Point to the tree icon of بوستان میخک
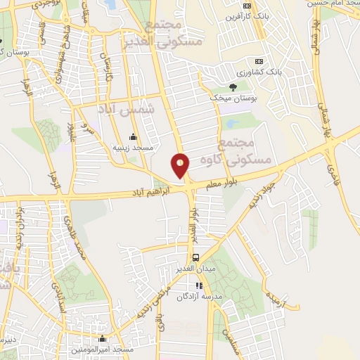tap(232, 86)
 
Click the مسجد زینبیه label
tap(129, 148)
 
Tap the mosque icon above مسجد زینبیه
tap(134, 136)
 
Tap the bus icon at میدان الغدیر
tap(196, 257)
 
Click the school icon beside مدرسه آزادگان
tap(200, 286)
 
